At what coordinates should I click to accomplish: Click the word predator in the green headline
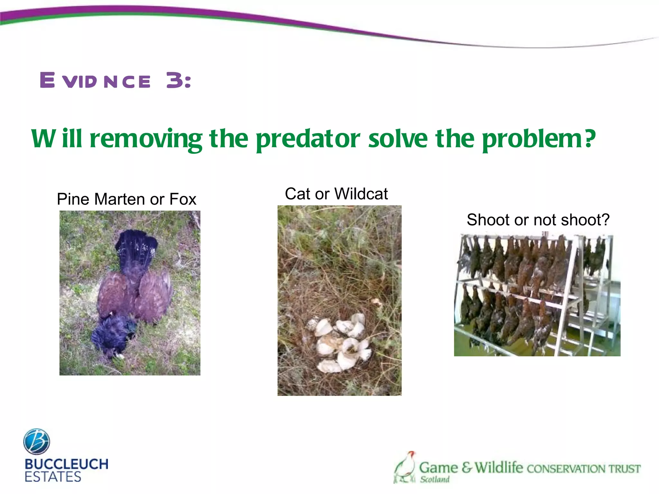308,139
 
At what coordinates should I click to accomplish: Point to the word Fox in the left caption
182,199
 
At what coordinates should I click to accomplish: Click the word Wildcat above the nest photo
361,194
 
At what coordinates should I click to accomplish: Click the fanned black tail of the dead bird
137,248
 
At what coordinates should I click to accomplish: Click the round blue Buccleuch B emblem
36,442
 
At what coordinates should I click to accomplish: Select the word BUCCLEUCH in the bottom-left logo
66,464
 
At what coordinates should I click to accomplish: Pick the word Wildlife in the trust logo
498,467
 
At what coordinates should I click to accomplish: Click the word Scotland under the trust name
434,479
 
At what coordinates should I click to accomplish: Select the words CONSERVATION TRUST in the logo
583,469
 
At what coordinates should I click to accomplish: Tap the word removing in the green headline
146,139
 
